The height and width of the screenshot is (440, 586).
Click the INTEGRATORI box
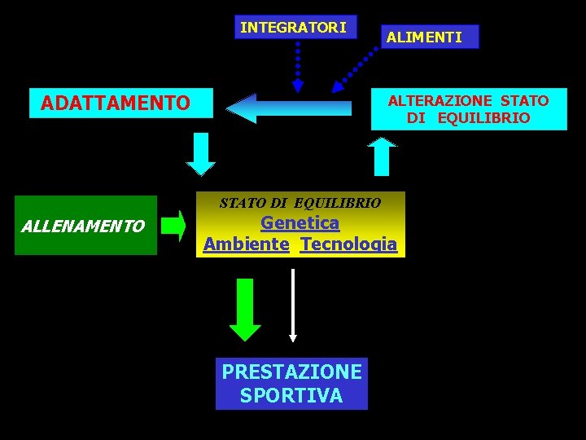coord(295,28)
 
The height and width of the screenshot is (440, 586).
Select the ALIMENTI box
coord(424,37)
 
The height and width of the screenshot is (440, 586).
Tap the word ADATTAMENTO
coord(115,103)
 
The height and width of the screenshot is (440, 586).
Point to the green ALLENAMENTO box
coord(85,226)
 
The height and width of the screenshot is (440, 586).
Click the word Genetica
coord(300,222)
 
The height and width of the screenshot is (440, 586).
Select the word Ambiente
coord(246,244)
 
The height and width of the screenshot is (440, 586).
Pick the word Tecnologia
coord(348,244)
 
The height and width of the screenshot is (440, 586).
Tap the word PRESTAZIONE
coord(291,372)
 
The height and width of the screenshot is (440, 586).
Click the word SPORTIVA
coord(291,396)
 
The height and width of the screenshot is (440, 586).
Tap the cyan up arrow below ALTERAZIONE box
coord(382,156)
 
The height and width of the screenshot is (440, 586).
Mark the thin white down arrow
coord(293,306)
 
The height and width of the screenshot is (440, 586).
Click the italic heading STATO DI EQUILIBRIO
coord(300,202)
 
